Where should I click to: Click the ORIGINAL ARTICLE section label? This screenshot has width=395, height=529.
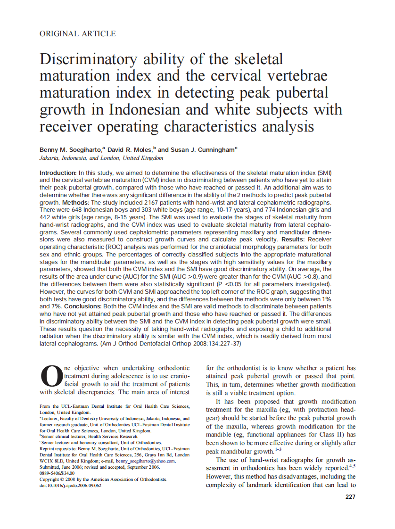coord(77,33)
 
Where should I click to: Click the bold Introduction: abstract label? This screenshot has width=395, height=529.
coord(58,174)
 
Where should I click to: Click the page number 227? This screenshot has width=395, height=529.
coord(350,496)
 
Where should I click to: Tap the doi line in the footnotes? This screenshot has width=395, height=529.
coord(70,485)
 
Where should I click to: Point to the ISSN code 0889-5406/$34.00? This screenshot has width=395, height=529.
coord(57,473)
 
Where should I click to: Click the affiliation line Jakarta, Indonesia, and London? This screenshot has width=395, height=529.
coord(104,158)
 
